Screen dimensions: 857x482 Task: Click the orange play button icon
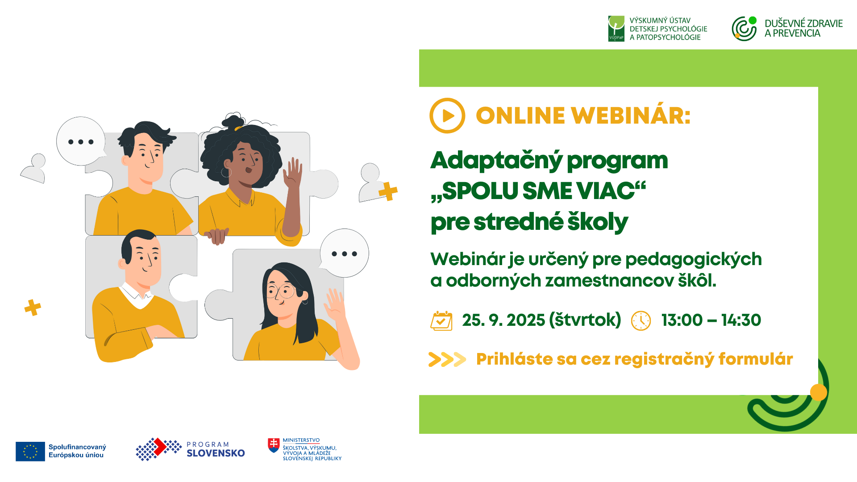point(447,116)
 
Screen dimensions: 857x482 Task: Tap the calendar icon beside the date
point(441,320)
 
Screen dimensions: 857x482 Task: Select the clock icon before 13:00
point(641,320)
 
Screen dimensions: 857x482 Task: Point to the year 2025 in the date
point(526,320)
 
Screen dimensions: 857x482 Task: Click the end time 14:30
point(741,320)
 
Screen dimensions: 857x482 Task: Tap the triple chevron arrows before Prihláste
point(447,359)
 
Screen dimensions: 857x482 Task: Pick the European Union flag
point(30,451)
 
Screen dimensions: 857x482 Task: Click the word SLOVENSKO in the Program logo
point(216,453)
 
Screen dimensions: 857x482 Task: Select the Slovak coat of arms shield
point(274,445)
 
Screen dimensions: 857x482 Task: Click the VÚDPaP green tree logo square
point(616,29)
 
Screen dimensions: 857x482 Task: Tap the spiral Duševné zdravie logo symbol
point(744,29)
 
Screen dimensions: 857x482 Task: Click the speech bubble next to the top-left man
point(81,141)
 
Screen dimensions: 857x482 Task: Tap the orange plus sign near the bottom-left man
point(33,307)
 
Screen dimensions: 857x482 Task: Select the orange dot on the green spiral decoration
point(819,392)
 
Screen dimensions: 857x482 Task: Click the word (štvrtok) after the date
point(585,320)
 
